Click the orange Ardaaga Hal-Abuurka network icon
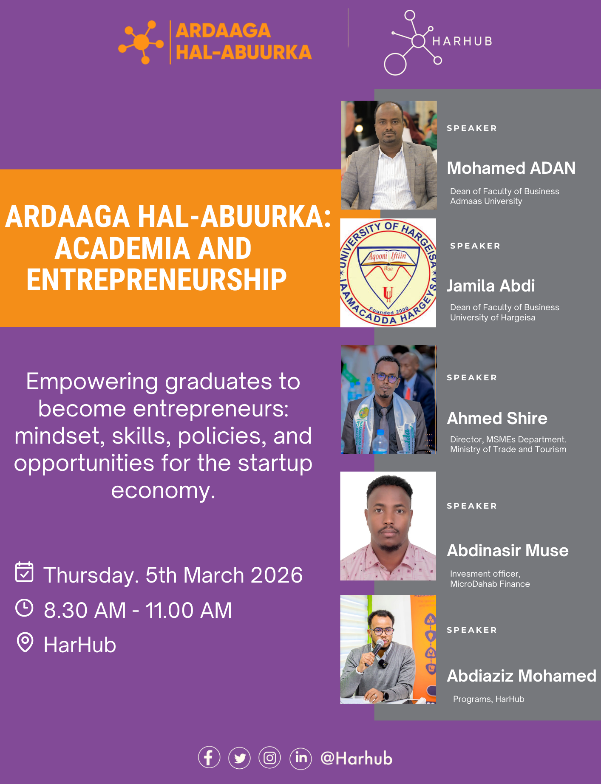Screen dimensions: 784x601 pyautogui.click(x=142, y=42)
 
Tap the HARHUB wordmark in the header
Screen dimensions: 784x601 pyautogui.click(x=462, y=41)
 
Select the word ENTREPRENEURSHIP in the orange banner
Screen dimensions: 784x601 pyautogui.click(x=156, y=280)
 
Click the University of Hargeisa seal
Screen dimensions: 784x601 pyautogui.click(x=388, y=273)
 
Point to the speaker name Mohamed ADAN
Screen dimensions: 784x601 pyautogui.click(x=511, y=168)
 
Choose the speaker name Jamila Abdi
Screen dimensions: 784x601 pyautogui.click(x=490, y=286)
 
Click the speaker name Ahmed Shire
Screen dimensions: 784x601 pyautogui.click(x=497, y=419)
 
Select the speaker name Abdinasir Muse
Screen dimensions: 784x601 pyautogui.click(x=507, y=551)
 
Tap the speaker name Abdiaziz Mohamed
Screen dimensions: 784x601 pyautogui.click(x=522, y=676)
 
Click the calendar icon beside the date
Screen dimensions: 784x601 pyautogui.click(x=24, y=572)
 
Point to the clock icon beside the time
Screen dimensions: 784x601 pyautogui.click(x=24, y=608)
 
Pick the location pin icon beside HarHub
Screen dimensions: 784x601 pyautogui.click(x=25, y=642)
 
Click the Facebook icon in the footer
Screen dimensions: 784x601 pyautogui.click(x=209, y=758)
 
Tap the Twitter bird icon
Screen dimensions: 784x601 pyautogui.click(x=240, y=758)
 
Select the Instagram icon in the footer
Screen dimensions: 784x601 pyautogui.click(x=270, y=758)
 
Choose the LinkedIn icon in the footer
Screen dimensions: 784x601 pyautogui.click(x=301, y=758)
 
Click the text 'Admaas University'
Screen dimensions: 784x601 pyautogui.click(x=486, y=201)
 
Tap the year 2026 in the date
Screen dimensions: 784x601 pyautogui.click(x=277, y=575)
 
